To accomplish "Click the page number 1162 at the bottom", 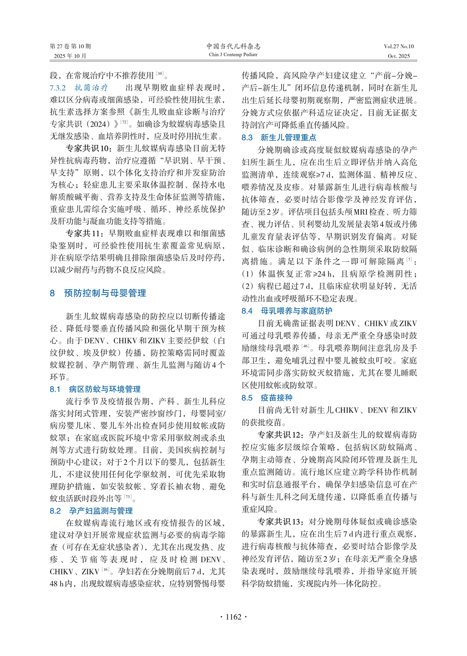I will (x=233, y=617).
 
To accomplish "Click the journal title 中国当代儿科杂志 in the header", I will (x=233, y=46).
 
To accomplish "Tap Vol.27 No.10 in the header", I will (x=399, y=46).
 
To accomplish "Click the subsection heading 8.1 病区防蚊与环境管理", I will (x=95, y=389).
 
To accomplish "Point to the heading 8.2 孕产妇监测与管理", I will (x=91, y=511).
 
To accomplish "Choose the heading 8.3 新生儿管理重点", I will (x=279, y=138).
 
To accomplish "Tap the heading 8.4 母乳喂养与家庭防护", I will (x=287, y=311).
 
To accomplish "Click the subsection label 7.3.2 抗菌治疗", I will (x=79, y=88).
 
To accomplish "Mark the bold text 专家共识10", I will (x=89, y=148).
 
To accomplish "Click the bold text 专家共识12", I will (x=281, y=435).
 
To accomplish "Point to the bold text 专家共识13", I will (x=281, y=522).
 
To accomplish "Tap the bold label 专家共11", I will (x=85, y=233).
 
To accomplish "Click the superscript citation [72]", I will (x=123, y=122).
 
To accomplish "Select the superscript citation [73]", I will (x=128, y=497).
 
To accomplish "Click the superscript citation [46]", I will (x=306, y=346).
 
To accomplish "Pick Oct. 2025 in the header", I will (x=399, y=56).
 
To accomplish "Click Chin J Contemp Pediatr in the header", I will (x=233, y=55).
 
